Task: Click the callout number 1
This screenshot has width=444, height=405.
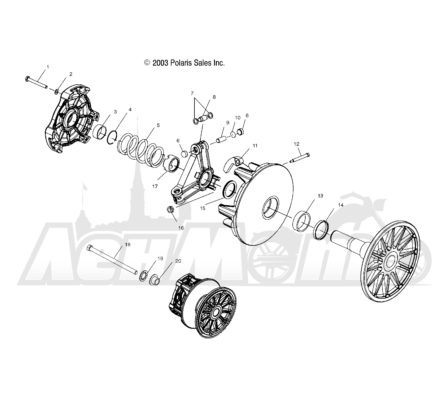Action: tap(48, 67)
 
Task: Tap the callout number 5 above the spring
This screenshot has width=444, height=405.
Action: tap(158, 125)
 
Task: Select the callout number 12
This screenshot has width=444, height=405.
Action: tap(296, 144)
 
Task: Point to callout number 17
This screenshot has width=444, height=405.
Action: tap(155, 186)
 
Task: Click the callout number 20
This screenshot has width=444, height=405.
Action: tap(178, 261)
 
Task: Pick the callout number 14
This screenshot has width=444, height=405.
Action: tap(341, 205)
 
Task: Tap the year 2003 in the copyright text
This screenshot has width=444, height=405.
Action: tap(160, 63)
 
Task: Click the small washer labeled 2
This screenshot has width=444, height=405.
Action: tap(56, 91)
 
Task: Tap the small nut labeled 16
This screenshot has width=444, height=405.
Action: tap(170, 209)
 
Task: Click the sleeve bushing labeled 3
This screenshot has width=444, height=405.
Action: tap(99, 132)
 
